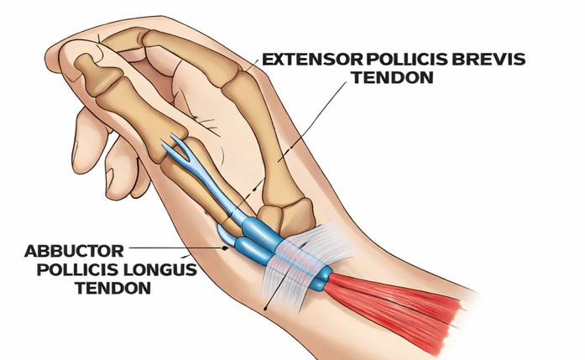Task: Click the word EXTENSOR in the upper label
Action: (x=313, y=60)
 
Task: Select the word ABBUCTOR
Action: (x=74, y=251)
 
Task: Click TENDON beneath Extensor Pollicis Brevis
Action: (x=393, y=77)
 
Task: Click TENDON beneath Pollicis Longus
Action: (x=113, y=288)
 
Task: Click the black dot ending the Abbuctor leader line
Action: (x=225, y=248)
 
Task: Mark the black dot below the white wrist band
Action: (x=265, y=308)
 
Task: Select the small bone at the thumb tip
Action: (x=89, y=71)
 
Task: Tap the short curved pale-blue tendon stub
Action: (x=226, y=234)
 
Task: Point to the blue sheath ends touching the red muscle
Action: (x=321, y=279)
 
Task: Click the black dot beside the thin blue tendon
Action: (x=255, y=190)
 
